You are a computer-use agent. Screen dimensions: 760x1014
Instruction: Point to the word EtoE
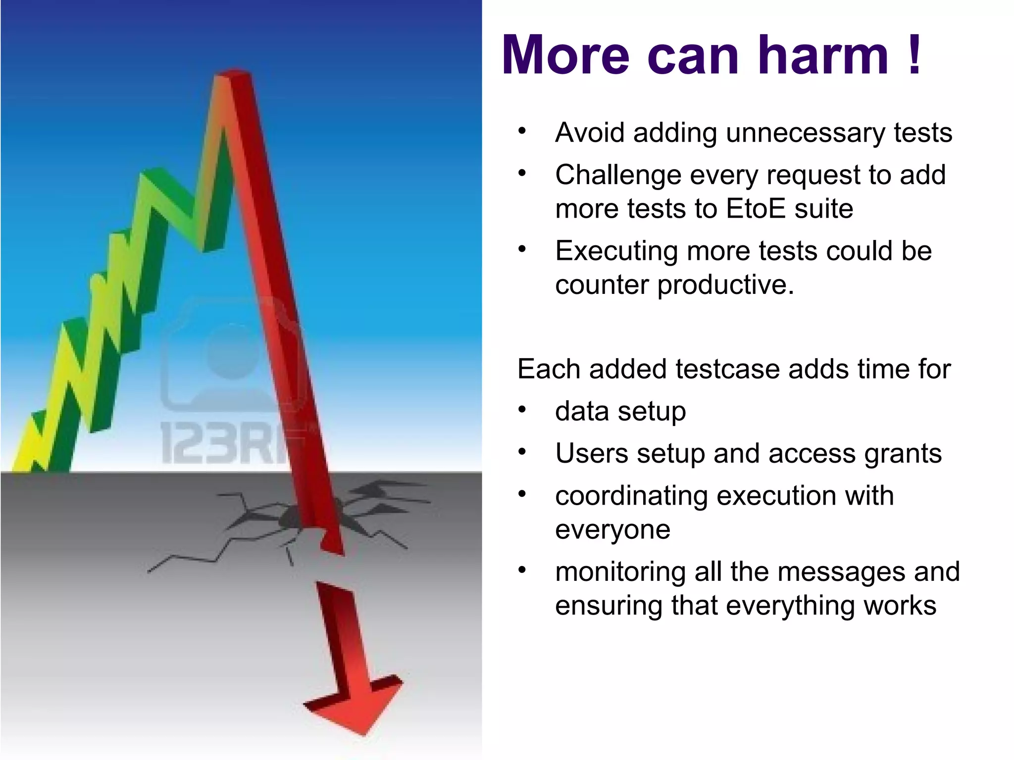tap(755, 209)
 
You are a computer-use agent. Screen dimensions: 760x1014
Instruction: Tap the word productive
tap(725, 285)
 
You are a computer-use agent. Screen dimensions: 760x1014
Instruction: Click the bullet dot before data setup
tap(522, 410)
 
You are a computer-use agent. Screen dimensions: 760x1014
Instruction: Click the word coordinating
tap(631, 496)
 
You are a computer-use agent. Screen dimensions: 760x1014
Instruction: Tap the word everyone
tap(612, 529)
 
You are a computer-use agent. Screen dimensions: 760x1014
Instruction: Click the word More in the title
tap(565, 55)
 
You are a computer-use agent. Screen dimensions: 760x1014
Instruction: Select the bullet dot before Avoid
tap(522, 132)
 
